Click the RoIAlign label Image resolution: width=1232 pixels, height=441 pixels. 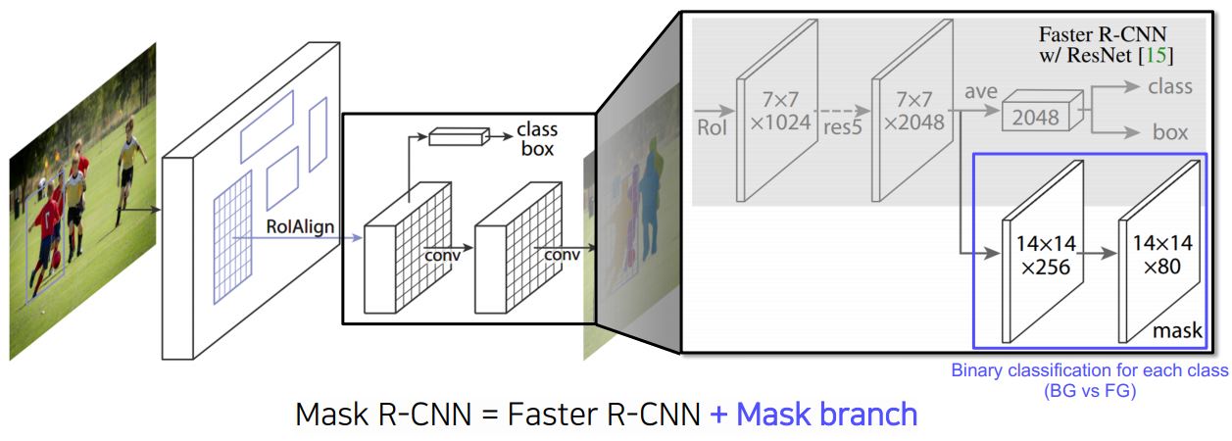tap(300, 227)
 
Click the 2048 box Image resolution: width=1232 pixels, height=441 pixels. tap(1037, 117)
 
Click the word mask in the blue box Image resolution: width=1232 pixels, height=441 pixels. tap(1177, 331)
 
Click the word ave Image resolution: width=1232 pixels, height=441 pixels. tap(980, 91)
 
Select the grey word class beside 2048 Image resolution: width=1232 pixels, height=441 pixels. tap(1169, 86)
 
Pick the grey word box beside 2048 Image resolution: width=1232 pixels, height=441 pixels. tap(1169, 132)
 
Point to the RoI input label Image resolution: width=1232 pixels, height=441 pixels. tap(713, 126)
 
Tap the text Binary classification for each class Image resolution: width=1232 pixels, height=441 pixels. tap(1089, 371)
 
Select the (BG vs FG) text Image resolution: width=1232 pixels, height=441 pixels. tap(1089, 390)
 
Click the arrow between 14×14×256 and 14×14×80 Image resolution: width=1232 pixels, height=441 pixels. tap(1101, 253)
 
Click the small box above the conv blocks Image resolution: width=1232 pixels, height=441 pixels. tap(458, 136)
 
